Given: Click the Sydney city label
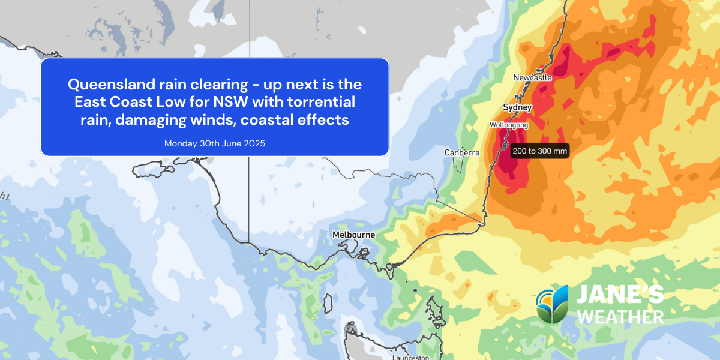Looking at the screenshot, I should (517, 107).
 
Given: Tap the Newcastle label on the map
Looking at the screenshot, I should (532, 77).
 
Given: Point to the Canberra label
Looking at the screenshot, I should (462, 153).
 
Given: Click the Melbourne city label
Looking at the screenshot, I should (355, 235).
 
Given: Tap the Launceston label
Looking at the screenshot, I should (411, 358).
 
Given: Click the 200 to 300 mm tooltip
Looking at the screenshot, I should (539, 151).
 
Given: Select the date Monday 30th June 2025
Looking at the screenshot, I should (215, 143).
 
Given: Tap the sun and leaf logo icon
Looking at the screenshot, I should (552, 304).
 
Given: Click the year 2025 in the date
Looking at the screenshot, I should (254, 143).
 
